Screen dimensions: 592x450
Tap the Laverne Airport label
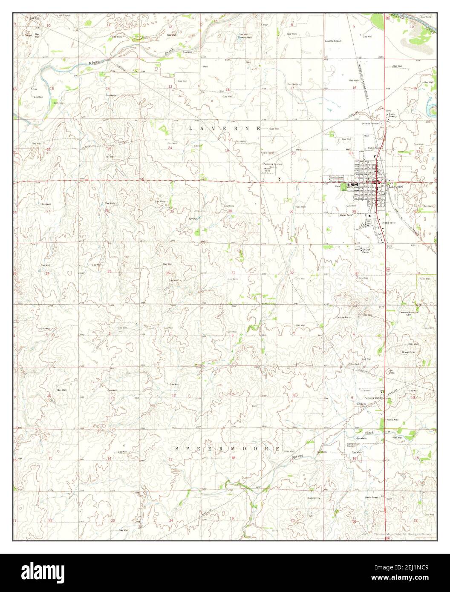333,41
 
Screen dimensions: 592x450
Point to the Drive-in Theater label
370,124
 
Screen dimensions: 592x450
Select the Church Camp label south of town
366,251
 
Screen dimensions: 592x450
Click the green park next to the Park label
343,187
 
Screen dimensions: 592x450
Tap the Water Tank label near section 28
345,215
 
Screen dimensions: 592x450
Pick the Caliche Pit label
343,317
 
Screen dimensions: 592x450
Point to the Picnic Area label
392,420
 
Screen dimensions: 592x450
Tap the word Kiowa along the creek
94,63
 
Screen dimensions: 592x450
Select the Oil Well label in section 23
110,157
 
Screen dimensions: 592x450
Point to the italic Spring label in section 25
193,219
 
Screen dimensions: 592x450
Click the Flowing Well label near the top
245,37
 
